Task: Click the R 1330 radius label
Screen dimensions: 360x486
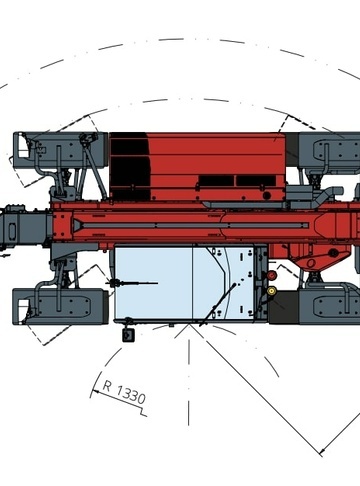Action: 124,392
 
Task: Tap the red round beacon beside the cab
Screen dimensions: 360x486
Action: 272,276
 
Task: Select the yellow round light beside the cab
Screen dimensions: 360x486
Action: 272,291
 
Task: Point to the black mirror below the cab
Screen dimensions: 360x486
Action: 128,335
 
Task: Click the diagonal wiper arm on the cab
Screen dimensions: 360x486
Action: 217,304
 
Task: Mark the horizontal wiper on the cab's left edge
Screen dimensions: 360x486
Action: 132,283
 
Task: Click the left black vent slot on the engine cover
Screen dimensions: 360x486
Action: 216,181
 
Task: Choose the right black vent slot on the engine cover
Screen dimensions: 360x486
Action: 256,181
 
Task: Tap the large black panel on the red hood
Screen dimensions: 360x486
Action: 130,166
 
